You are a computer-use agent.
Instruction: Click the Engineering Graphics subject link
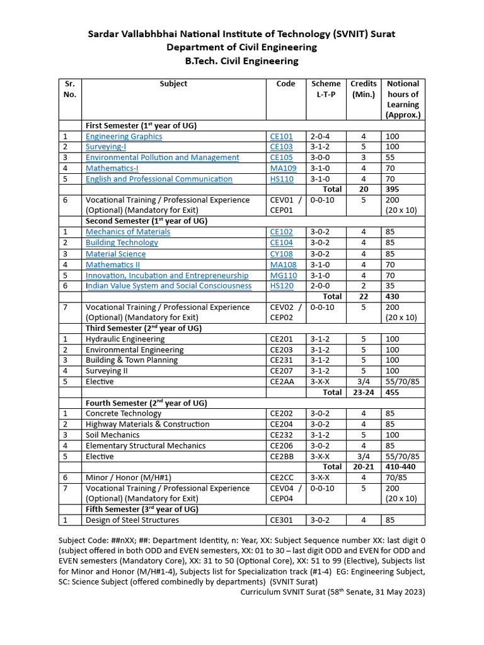124,137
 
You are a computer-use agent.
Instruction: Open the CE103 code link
281,147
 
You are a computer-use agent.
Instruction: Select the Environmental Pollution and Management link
162,157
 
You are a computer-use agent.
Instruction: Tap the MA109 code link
283,168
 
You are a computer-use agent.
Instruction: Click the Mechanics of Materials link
128,232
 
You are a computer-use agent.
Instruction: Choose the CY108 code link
282,254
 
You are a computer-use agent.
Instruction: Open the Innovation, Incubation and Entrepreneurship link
167,275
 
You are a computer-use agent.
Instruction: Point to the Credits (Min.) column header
364,89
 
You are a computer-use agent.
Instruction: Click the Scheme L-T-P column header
326,89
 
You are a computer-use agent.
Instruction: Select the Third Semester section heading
142,328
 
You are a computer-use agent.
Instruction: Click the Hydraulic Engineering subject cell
125,340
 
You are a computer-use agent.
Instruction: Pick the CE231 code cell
281,360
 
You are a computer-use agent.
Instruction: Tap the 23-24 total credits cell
364,392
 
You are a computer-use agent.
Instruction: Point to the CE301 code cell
281,520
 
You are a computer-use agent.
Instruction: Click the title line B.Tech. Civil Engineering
241,61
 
